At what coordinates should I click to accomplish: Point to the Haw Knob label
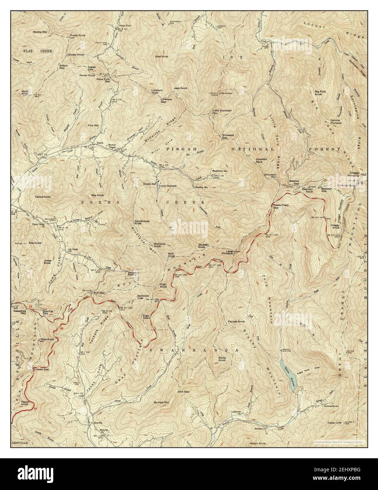pos(163,56)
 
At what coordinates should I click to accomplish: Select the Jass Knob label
pos(180,88)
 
